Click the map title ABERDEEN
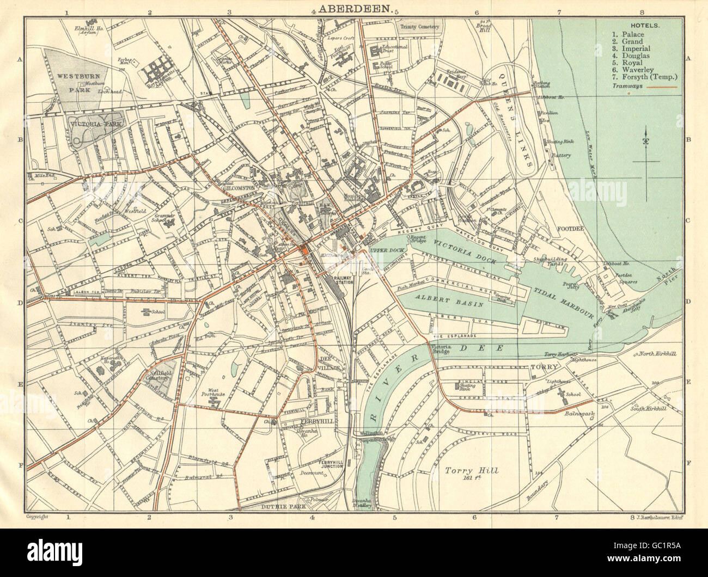(x=353, y=9)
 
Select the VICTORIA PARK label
(x=93, y=124)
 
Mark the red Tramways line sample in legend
(x=662, y=87)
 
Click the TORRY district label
(x=542, y=367)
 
